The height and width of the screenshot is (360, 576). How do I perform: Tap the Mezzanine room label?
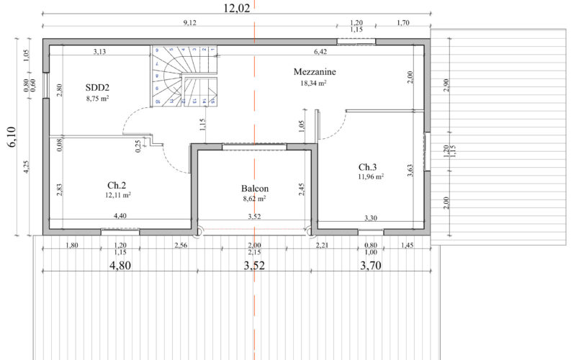click(x=315, y=72)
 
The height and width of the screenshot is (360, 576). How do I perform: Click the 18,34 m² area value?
click(x=314, y=83)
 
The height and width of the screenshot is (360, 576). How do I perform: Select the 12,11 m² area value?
click(x=117, y=194)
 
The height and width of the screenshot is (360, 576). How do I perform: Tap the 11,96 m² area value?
click(x=371, y=176)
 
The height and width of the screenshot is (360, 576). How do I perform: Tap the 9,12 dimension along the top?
click(x=190, y=23)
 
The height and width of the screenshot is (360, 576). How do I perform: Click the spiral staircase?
click(x=184, y=76)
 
